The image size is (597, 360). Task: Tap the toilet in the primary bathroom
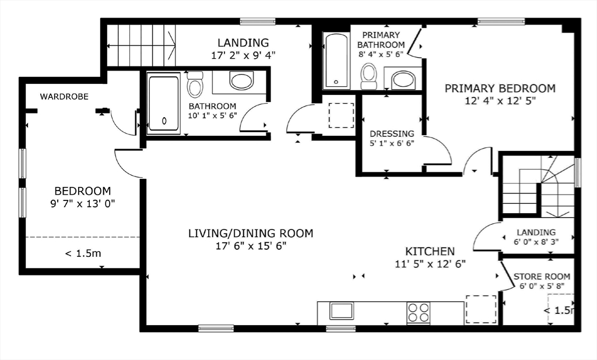[368, 76]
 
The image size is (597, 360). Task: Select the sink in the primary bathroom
[403, 80]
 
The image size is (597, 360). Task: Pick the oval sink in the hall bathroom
[241, 80]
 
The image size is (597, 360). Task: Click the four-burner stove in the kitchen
[419, 312]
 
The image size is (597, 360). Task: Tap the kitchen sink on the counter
[342, 311]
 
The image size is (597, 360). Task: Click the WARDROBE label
[64, 97]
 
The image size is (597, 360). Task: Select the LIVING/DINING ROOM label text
[251, 233]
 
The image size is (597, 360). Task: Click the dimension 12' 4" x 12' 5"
[500, 101]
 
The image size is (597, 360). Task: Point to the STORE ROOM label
[542, 276]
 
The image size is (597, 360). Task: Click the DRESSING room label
[392, 133]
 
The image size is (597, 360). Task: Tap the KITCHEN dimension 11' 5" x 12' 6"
[430, 264]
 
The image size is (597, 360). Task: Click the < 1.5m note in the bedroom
[83, 253]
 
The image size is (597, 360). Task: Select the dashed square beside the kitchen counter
[481, 309]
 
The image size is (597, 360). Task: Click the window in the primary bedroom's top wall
[501, 22]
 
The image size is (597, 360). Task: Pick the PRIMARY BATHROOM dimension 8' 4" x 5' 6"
[381, 54]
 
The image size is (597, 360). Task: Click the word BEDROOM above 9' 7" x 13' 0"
[83, 190]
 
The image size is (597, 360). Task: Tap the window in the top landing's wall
[257, 22]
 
